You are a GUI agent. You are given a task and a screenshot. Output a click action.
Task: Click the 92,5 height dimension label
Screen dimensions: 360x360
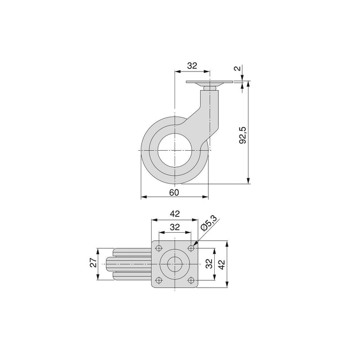pyautogui.click(x=243, y=135)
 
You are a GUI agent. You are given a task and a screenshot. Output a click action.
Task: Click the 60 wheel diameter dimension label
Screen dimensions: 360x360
pyautogui.click(x=175, y=192)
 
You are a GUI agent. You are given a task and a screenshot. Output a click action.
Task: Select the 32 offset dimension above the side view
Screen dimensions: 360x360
pyautogui.click(x=192, y=66)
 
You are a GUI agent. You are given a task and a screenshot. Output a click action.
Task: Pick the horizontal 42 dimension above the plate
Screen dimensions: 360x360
pyautogui.click(x=175, y=215)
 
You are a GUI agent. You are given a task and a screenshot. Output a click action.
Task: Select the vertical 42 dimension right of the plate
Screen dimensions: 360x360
pyautogui.click(x=222, y=264)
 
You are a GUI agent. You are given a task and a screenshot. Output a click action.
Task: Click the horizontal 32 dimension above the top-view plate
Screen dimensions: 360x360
pyautogui.click(x=175, y=228)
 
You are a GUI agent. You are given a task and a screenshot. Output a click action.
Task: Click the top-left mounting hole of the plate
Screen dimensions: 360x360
pyautogui.click(x=159, y=248)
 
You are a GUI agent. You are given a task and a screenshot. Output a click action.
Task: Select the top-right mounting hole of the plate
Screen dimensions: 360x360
pyautogui.click(x=191, y=248)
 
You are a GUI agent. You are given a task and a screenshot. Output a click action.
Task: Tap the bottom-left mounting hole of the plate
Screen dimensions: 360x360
pyautogui.click(x=159, y=280)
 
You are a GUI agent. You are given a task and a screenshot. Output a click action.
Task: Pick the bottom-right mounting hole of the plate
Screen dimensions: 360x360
pyautogui.click(x=191, y=280)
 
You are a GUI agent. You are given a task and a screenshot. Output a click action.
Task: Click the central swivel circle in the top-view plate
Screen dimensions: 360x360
pyautogui.click(x=175, y=264)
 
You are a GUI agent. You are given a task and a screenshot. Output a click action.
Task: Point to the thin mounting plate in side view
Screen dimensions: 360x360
pyautogui.click(x=210, y=82)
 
